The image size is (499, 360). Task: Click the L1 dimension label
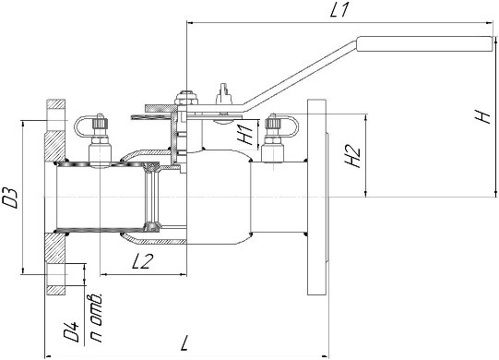[x=339, y=10]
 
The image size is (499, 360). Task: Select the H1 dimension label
[x=245, y=134]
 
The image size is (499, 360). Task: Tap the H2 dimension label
[x=353, y=156]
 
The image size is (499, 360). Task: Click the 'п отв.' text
[x=96, y=318]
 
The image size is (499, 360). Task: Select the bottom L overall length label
[x=184, y=342]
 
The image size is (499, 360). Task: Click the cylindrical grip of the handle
[x=425, y=43]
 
